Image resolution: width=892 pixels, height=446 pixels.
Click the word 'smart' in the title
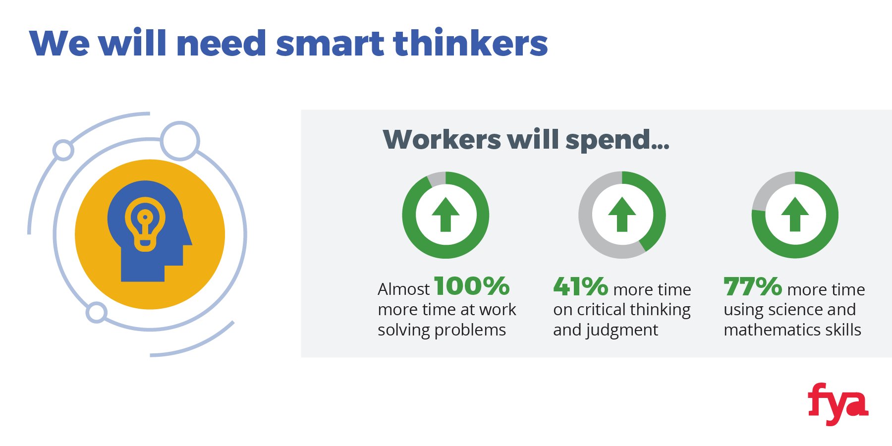(330, 44)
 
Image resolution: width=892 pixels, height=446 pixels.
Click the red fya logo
(837, 404)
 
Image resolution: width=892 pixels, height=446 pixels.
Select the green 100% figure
(472, 286)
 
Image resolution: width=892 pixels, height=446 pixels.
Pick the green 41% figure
(580, 286)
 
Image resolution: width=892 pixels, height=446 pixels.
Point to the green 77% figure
(753, 286)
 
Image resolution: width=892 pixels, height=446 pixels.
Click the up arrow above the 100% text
(446, 214)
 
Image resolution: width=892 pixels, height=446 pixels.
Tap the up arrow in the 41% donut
(622, 214)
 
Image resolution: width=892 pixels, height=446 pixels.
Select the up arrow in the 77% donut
(795, 214)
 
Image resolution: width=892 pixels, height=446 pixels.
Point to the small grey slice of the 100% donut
(437, 179)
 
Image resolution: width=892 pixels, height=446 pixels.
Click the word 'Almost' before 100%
(404, 289)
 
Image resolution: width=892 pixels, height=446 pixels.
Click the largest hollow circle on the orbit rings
(180, 141)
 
